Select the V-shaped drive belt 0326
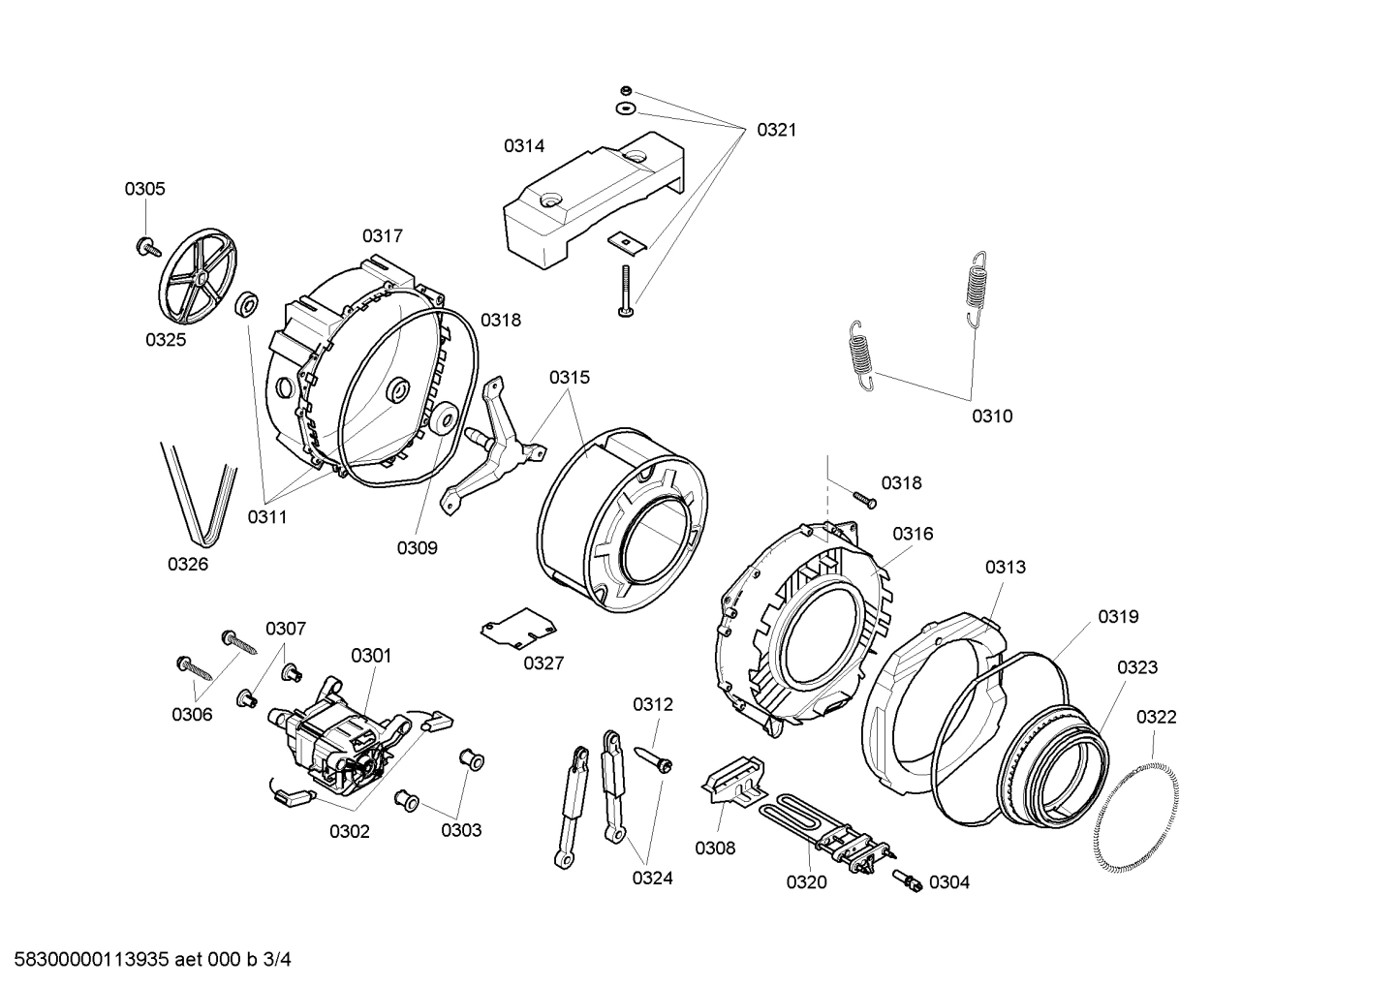199,494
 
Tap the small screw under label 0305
148,221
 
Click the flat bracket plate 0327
519,630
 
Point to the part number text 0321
776,130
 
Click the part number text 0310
992,416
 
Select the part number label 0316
913,534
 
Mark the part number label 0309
417,548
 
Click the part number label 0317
383,235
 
